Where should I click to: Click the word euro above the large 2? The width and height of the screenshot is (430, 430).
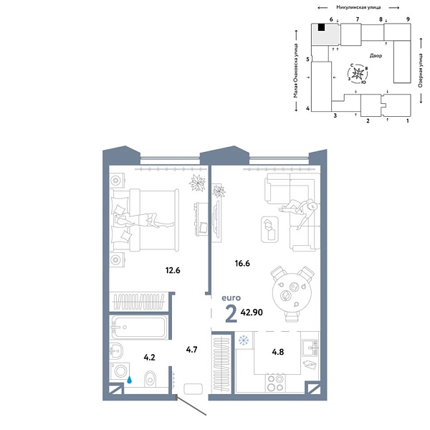pos(231,297)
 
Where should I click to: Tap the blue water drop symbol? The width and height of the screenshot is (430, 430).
pos(129,381)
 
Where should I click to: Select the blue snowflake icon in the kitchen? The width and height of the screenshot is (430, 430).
pos(243,339)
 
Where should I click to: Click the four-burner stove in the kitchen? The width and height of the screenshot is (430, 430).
pos(275,382)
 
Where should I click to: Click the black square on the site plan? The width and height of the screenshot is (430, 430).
pos(322,28)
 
